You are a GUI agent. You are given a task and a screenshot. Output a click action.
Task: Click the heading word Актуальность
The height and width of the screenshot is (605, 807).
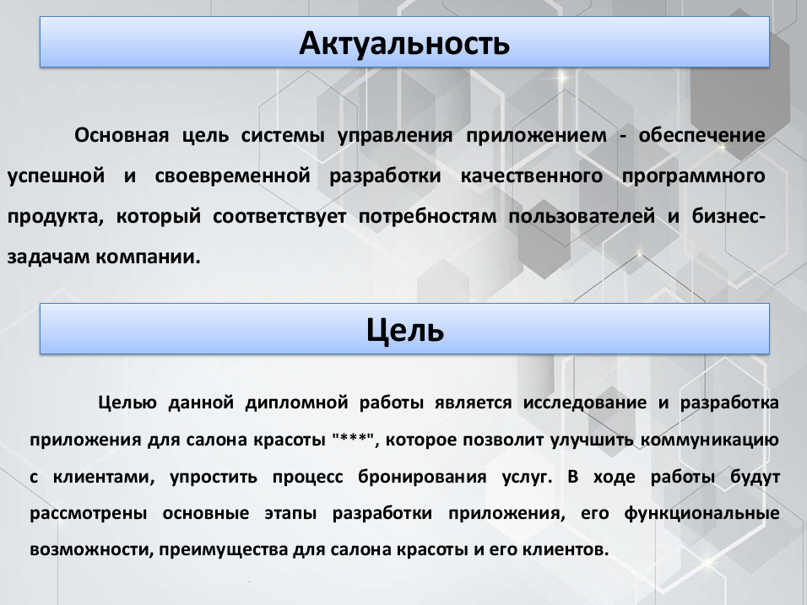click(x=404, y=44)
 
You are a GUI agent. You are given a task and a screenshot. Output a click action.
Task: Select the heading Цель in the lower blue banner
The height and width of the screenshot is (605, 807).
click(x=404, y=330)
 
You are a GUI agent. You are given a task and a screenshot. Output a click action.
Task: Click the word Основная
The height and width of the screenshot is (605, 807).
click(x=122, y=135)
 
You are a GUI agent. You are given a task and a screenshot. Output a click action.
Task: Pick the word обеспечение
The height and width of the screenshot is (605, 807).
click(x=702, y=135)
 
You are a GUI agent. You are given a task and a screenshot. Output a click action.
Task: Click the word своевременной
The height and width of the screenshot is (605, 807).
click(x=232, y=176)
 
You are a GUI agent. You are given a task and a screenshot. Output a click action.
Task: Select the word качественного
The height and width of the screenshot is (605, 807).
click(x=531, y=176)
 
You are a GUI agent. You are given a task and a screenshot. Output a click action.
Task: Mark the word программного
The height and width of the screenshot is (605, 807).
click(x=693, y=177)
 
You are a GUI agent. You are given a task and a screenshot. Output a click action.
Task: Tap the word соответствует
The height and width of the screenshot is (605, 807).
click(x=279, y=217)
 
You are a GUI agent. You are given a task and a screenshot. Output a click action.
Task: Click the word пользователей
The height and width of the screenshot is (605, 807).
click(x=582, y=217)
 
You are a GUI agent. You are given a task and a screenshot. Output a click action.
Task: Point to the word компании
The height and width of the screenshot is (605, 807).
click(x=148, y=257)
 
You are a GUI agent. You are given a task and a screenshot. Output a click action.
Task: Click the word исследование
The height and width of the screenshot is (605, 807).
click(x=585, y=402)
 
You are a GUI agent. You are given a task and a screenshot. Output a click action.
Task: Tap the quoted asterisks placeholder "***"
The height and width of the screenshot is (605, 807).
click(x=353, y=439)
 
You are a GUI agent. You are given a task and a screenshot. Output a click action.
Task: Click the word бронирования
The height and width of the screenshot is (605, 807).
click(x=422, y=478)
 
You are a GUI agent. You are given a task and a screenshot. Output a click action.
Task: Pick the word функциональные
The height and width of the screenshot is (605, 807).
click(x=702, y=514)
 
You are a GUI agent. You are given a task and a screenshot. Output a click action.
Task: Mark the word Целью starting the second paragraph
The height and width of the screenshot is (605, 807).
click(x=127, y=402)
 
